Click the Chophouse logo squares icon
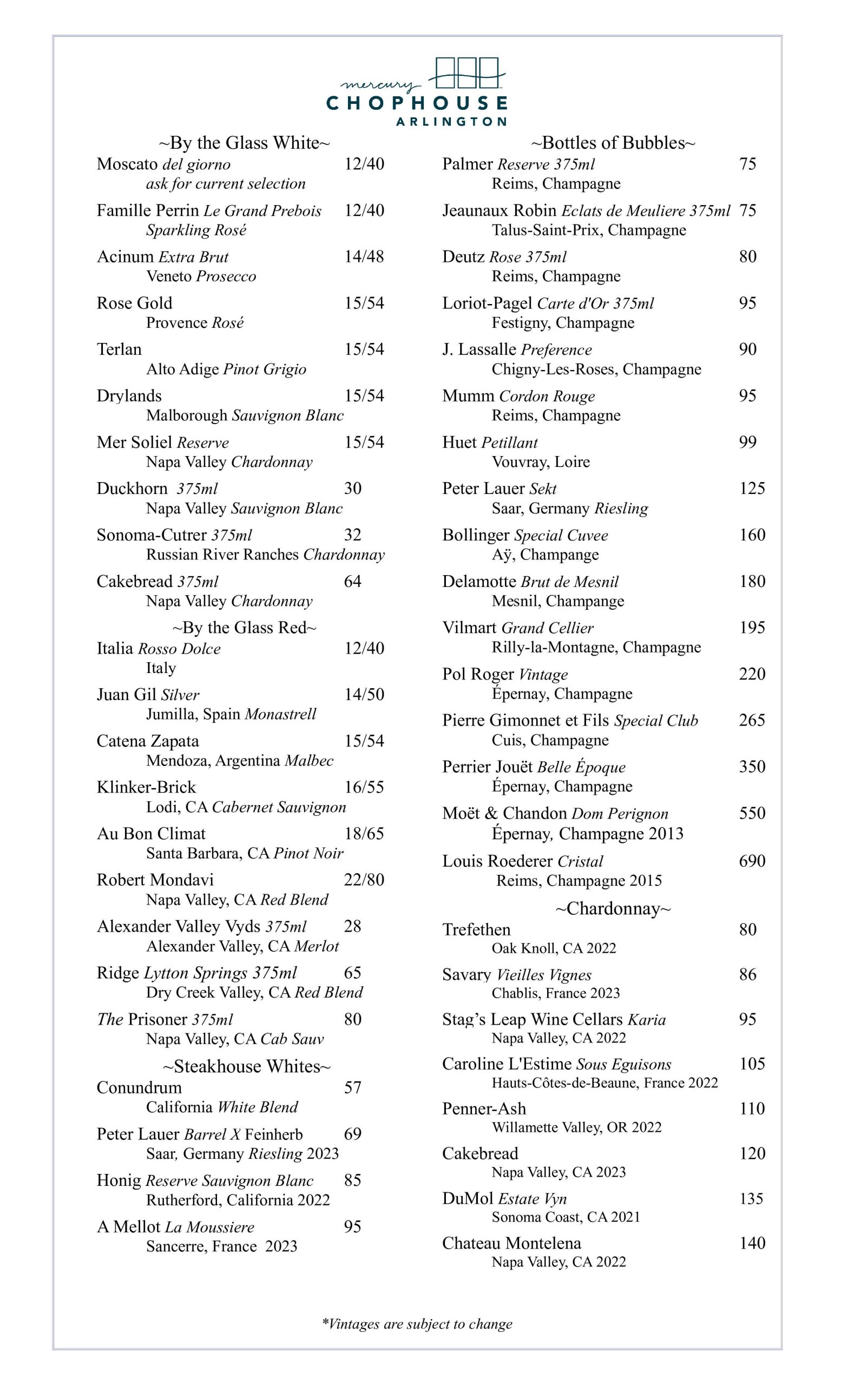pyautogui.click(x=467, y=72)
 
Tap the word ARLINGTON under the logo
pyautogui.click(x=451, y=121)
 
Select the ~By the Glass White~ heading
pyautogui.click(x=245, y=143)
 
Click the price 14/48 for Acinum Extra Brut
pyautogui.click(x=364, y=257)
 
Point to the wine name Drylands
pyautogui.click(x=129, y=395)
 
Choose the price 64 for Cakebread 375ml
pyautogui.click(x=352, y=581)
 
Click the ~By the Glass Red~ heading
pyautogui.click(x=245, y=627)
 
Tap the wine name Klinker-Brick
pyautogui.click(x=146, y=787)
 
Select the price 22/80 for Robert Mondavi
pyautogui.click(x=364, y=880)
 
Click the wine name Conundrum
pyautogui.click(x=139, y=1087)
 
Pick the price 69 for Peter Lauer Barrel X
pyautogui.click(x=352, y=1134)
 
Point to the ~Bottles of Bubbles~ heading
pyautogui.click(x=613, y=143)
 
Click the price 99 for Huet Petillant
pyautogui.click(x=748, y=442)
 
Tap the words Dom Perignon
pyautogui.click(x=620, y=814)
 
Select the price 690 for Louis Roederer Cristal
pyautogui.click(x=752, y=861)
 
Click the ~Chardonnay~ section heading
pyautogui.click(x=613, y=908)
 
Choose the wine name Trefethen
pyautogui.click(x=476, y=929)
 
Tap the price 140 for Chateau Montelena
pyautogui.click(x=752, y=1243)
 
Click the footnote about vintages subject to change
pyautogui.click(x=417, y=1324)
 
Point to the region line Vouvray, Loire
pyautogui.click(x=541, y=462)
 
